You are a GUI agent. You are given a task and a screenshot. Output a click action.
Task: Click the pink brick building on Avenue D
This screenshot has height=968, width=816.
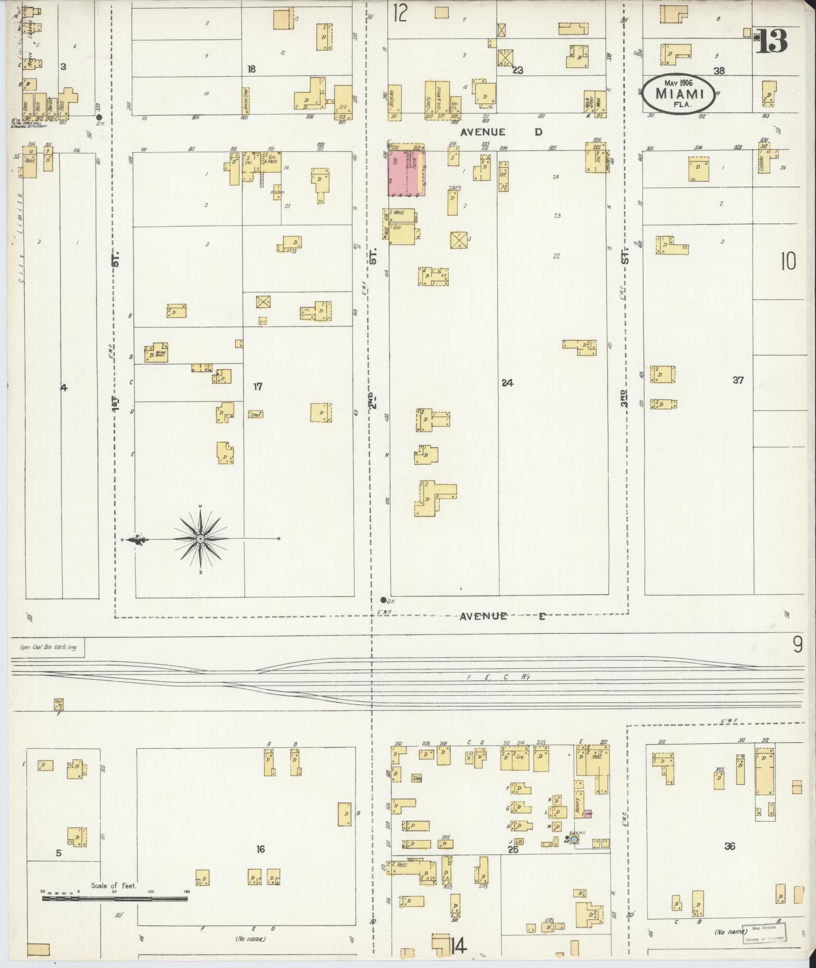pos(406,173)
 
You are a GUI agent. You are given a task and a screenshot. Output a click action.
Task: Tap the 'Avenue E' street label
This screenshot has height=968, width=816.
pos(503,616)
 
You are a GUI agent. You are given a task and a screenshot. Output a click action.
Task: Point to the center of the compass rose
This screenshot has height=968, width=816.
pos(200,539)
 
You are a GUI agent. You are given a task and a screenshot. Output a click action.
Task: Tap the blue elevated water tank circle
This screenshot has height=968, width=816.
pos(574,839)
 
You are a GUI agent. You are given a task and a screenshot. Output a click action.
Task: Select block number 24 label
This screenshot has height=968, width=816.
pos(507,383)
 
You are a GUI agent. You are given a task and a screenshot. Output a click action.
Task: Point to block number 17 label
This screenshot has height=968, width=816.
pos(257,387)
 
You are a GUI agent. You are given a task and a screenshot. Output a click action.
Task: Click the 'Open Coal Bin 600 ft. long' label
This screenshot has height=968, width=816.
pos(48,647)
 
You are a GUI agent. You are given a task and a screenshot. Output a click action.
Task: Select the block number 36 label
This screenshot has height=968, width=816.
pos(729,846)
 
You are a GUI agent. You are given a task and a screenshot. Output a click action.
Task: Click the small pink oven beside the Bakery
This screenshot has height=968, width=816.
pos(587,814)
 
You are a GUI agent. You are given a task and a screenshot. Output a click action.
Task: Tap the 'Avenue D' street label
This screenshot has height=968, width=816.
pos(501,132)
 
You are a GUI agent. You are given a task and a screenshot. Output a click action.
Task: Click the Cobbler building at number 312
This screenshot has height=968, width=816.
pos(764,161)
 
